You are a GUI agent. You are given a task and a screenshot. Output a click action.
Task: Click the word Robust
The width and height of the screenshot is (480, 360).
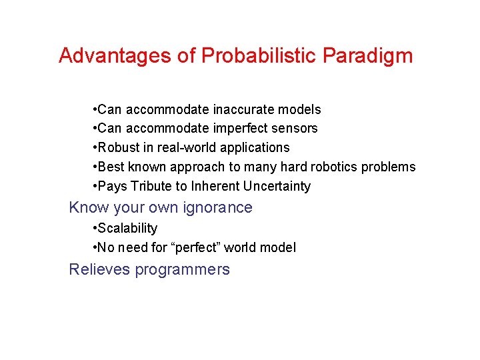pyautogui.click(x=119, y=147)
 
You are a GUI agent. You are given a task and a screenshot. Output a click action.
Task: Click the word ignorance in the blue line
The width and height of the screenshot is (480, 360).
pyautogui.click(x=221, y=207)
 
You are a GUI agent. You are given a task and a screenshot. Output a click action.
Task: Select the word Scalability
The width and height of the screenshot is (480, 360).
pyautogui.click(x=127, y=229)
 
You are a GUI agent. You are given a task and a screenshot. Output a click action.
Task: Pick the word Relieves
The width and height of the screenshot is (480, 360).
pyautogui.click(x=99, y=269)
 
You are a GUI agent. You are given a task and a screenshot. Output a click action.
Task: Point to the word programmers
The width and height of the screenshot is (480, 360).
pyautogui.click(x=182, y=270)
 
